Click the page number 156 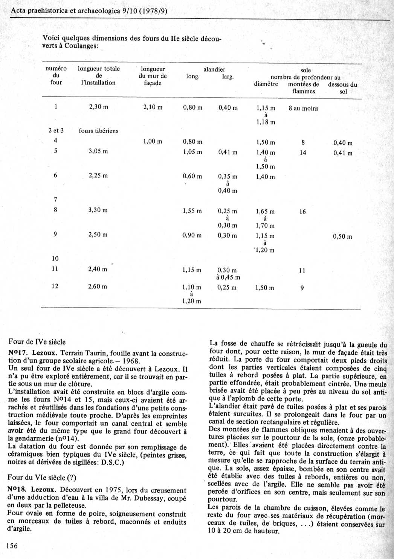[x=12, y=545]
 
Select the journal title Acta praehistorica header [x=89, y=11]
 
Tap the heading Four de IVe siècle [x=37, y=342]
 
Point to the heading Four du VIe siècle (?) [x=42, y=478]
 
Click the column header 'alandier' [x=214, y=69]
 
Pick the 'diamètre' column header [x=266, y=84]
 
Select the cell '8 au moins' [x=303, y=109]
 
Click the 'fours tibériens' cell [x=98, y=131]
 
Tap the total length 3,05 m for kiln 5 [x=98, y=151]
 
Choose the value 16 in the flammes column [x=302, y=212]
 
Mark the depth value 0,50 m [x=342, y=237]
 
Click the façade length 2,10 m [x=153, y=107]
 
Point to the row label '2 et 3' [x=56, y=131]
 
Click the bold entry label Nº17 [x=18, y=354]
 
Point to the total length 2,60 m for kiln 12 [x=97, y=286]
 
